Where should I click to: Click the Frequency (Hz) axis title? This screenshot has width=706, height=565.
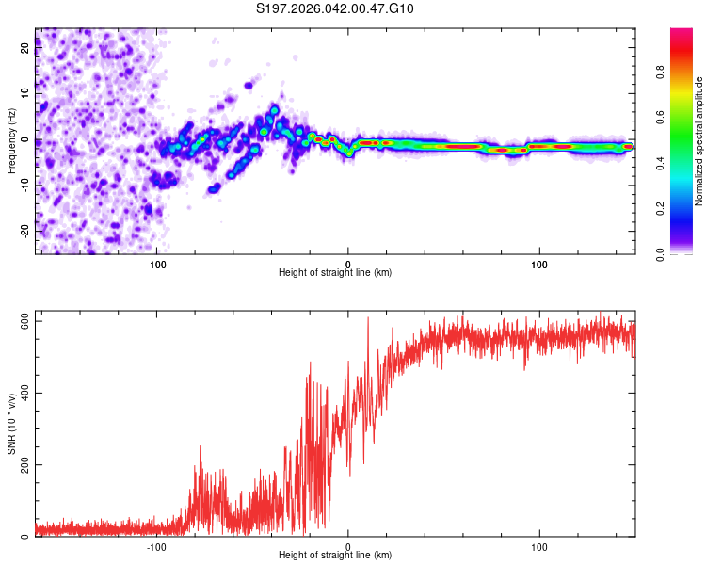pyautogui.click(x=11, y=141)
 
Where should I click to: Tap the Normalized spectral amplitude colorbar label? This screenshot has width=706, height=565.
pyautogui.click(x=698, y=141)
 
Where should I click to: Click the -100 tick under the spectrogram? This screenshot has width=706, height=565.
pyautogui.click(x=156, y=264)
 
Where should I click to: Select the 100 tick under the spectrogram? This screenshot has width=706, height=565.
pyautogui.click(x=539, y=264)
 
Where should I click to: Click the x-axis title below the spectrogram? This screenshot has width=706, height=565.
pyautogui.click(x=335, y=273)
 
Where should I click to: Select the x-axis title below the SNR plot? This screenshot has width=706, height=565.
pyautogui.click(x=335, y=556)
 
